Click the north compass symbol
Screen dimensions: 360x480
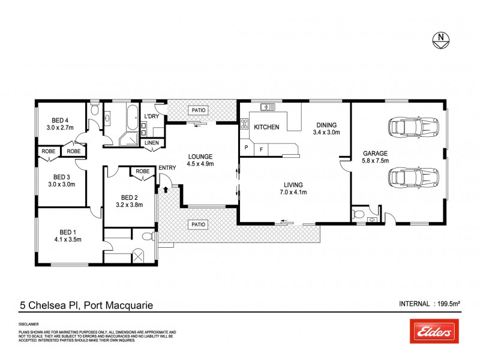[x=441, y=40]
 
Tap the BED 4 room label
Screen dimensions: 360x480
[x=59, y=120]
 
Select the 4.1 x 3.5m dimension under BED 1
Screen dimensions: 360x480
[x=67, y=239]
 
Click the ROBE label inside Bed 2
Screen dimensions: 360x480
[x=142, y=171]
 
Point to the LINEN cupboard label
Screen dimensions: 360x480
[x=152, y=142]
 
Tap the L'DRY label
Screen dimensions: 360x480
[x=151, y=116]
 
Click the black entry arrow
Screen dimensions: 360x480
[x=166, y=190]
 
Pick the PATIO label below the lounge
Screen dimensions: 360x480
[x=199, y=225]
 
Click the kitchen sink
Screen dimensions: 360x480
[x=267, y=107]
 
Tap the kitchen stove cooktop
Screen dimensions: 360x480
[x=244, y=124]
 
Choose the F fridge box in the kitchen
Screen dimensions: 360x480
[x=261, y=149]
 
